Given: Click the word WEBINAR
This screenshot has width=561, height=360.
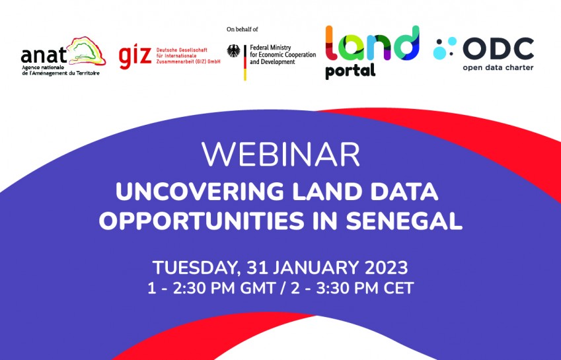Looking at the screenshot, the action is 280,155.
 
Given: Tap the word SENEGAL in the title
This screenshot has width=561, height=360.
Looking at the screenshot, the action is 404,221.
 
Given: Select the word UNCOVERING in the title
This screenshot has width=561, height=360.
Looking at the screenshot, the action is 200,192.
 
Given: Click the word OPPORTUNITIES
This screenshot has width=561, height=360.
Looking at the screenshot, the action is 202,221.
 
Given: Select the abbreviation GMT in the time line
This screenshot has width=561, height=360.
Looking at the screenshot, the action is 257,288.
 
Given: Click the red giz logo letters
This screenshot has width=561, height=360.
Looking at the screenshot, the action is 135,57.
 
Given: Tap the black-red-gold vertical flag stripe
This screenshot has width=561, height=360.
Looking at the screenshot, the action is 245,63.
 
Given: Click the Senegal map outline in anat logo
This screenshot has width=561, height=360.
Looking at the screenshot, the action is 87,50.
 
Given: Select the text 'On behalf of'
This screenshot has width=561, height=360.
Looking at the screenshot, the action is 243,29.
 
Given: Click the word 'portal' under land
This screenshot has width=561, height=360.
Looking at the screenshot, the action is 350,71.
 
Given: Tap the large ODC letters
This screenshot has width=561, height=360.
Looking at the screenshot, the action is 498,49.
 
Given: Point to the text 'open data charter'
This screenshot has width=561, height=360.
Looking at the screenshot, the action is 498,67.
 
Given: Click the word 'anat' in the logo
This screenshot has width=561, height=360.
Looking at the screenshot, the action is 44,55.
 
